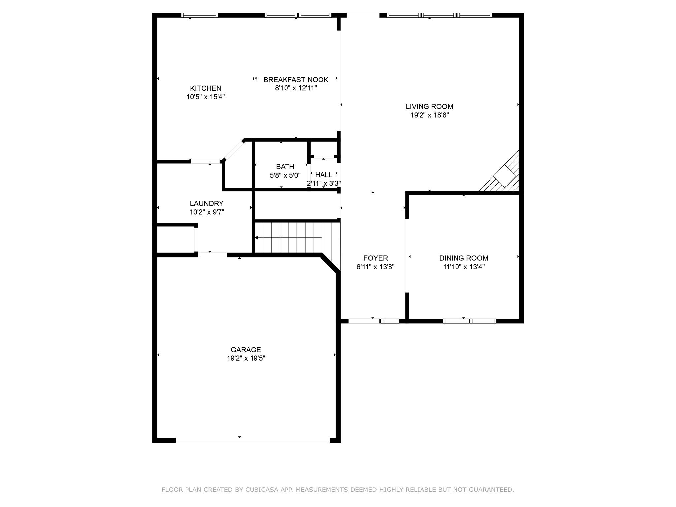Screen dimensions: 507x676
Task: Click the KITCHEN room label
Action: point(205,88)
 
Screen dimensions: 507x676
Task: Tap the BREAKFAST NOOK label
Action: point(296,80)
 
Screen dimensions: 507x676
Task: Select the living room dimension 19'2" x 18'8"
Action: point(429,115)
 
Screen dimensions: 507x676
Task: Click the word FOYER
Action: point(375,258)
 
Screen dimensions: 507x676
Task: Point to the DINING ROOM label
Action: point(463,258)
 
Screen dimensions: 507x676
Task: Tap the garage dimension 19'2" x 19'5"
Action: point(246,358)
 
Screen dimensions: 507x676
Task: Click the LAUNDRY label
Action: point(207,204)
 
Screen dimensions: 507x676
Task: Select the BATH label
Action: point(285,167)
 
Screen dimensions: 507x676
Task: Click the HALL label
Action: point(324,175)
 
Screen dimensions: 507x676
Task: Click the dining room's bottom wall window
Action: point(469,321)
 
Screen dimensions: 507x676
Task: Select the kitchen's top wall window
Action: point(199,15)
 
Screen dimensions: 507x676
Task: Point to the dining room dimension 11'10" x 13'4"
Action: point(463,267)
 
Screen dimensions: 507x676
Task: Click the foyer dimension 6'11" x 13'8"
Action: point(375,267)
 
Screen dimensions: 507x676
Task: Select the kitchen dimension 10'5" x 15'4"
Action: point(205,97)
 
